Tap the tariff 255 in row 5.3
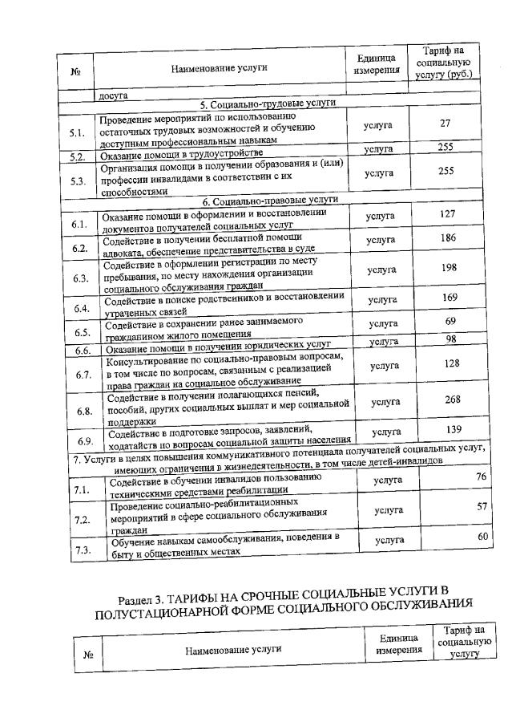[447, 171]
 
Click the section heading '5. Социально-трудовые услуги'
[268, 103]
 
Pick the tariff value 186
[449, 238]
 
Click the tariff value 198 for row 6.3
[450, 267]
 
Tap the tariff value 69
[450, 321]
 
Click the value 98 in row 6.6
[450, 340]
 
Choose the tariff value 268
[452, 400]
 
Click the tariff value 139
[454, 429]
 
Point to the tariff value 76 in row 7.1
[481, 477]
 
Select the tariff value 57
[482, 506]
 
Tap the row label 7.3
[82, 550]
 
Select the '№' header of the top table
[75, 70]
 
